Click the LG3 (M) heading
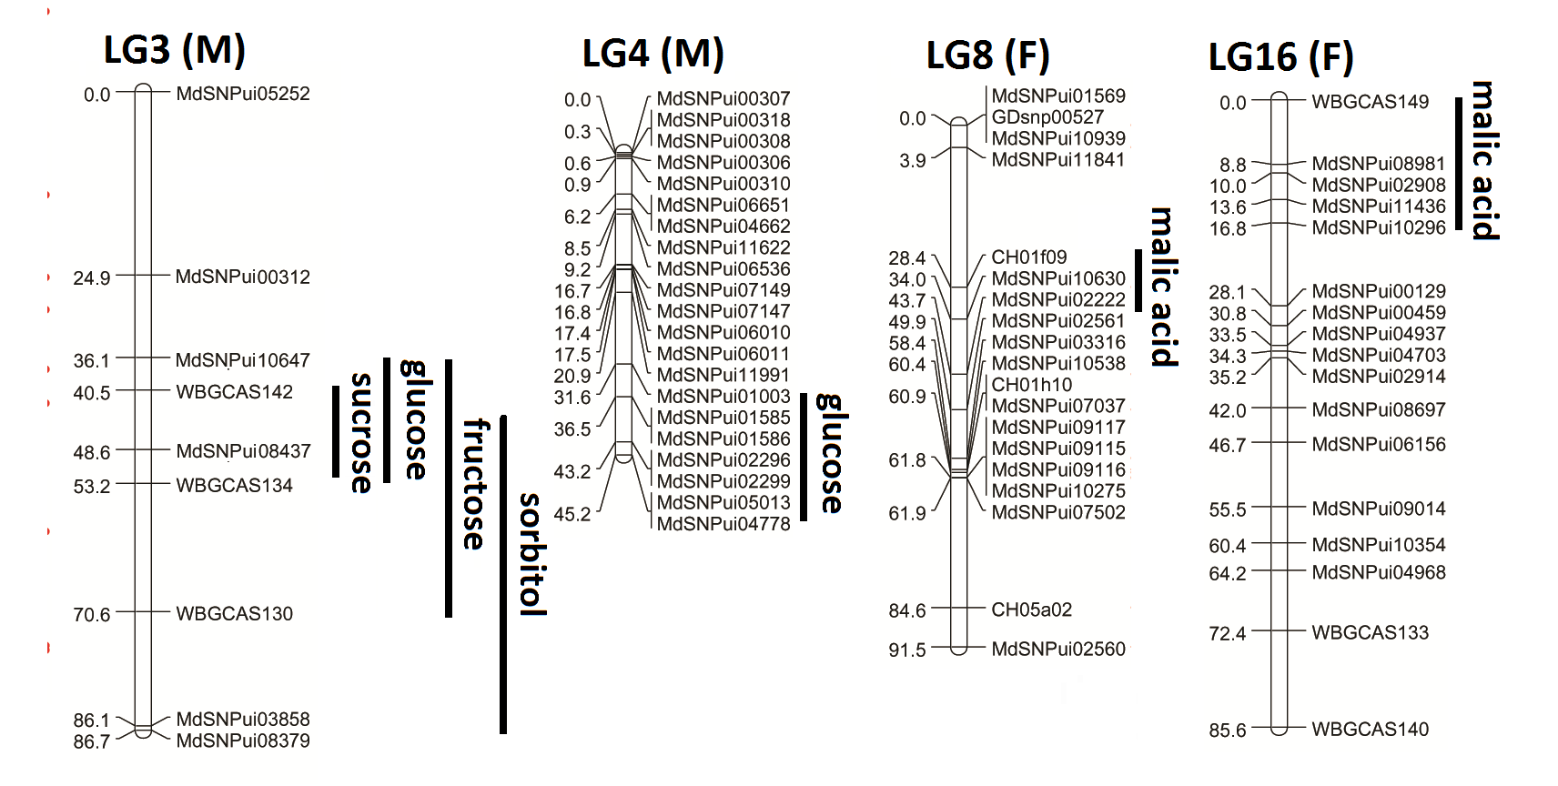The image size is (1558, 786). click(175, 50)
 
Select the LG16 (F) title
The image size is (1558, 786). click(1280, 57)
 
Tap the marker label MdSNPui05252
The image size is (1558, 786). click(243, 94)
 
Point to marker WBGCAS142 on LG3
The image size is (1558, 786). click(234, 392)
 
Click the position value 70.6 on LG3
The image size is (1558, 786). click(92, 615)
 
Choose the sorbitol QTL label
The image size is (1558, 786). click(531, 554)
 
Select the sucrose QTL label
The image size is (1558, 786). click(361, 432)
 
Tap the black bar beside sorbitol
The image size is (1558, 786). click(503, 574)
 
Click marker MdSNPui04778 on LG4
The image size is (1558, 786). click(723, 524)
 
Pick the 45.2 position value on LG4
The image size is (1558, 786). click(572, 515)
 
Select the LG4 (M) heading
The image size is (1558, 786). click(653, 55)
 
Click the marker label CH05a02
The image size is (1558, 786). click(1031, 610)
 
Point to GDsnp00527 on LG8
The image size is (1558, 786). click(1047, 117)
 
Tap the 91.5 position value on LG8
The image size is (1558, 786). click(907, 650)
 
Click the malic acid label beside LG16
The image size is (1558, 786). click(1484, 160)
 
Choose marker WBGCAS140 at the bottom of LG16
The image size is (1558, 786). click(1370, 729)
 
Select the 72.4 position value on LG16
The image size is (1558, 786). click(1228, 633)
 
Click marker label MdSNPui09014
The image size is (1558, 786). click(1378, 509)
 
